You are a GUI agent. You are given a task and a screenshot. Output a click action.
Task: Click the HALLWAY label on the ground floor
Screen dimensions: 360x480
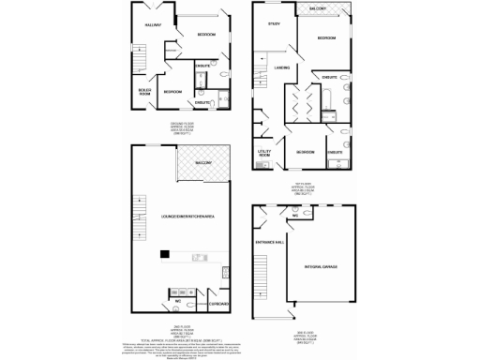click(x=154, y=25)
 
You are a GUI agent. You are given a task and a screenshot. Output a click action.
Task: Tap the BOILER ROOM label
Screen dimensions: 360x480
click(x=144, y=92)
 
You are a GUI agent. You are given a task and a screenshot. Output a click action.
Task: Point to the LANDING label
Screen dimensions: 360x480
click(x=281, y=67)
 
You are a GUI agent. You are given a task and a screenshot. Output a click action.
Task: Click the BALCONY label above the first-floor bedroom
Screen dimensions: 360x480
click(x=316, y=8)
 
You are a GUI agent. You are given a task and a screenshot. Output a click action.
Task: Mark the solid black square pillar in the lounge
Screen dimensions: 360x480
click(x=164, y=252)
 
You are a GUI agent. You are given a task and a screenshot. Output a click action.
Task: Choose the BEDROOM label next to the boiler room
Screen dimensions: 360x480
click(x=172, y=92)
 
